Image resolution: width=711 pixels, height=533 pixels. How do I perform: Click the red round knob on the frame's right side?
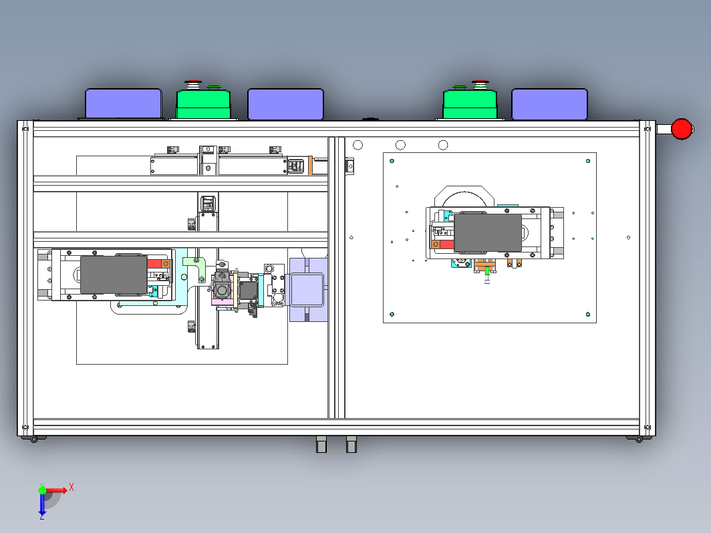(682, 129)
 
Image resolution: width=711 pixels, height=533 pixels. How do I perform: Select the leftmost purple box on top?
(124, 104)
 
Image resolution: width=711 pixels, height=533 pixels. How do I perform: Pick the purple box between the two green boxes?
(286, 104)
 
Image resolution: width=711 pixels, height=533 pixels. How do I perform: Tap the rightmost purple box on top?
(549, 104)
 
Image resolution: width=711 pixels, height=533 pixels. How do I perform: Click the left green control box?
(203, 104)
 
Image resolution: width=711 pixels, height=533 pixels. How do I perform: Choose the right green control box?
(470, 104)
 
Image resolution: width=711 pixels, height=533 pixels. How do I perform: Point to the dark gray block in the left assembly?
(114, 275)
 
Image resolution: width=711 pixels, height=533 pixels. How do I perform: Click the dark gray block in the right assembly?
(488, 233)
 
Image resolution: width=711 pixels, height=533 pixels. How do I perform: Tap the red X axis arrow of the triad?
(56, 490)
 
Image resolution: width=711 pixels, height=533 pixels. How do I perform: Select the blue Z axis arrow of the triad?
(42, 504)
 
